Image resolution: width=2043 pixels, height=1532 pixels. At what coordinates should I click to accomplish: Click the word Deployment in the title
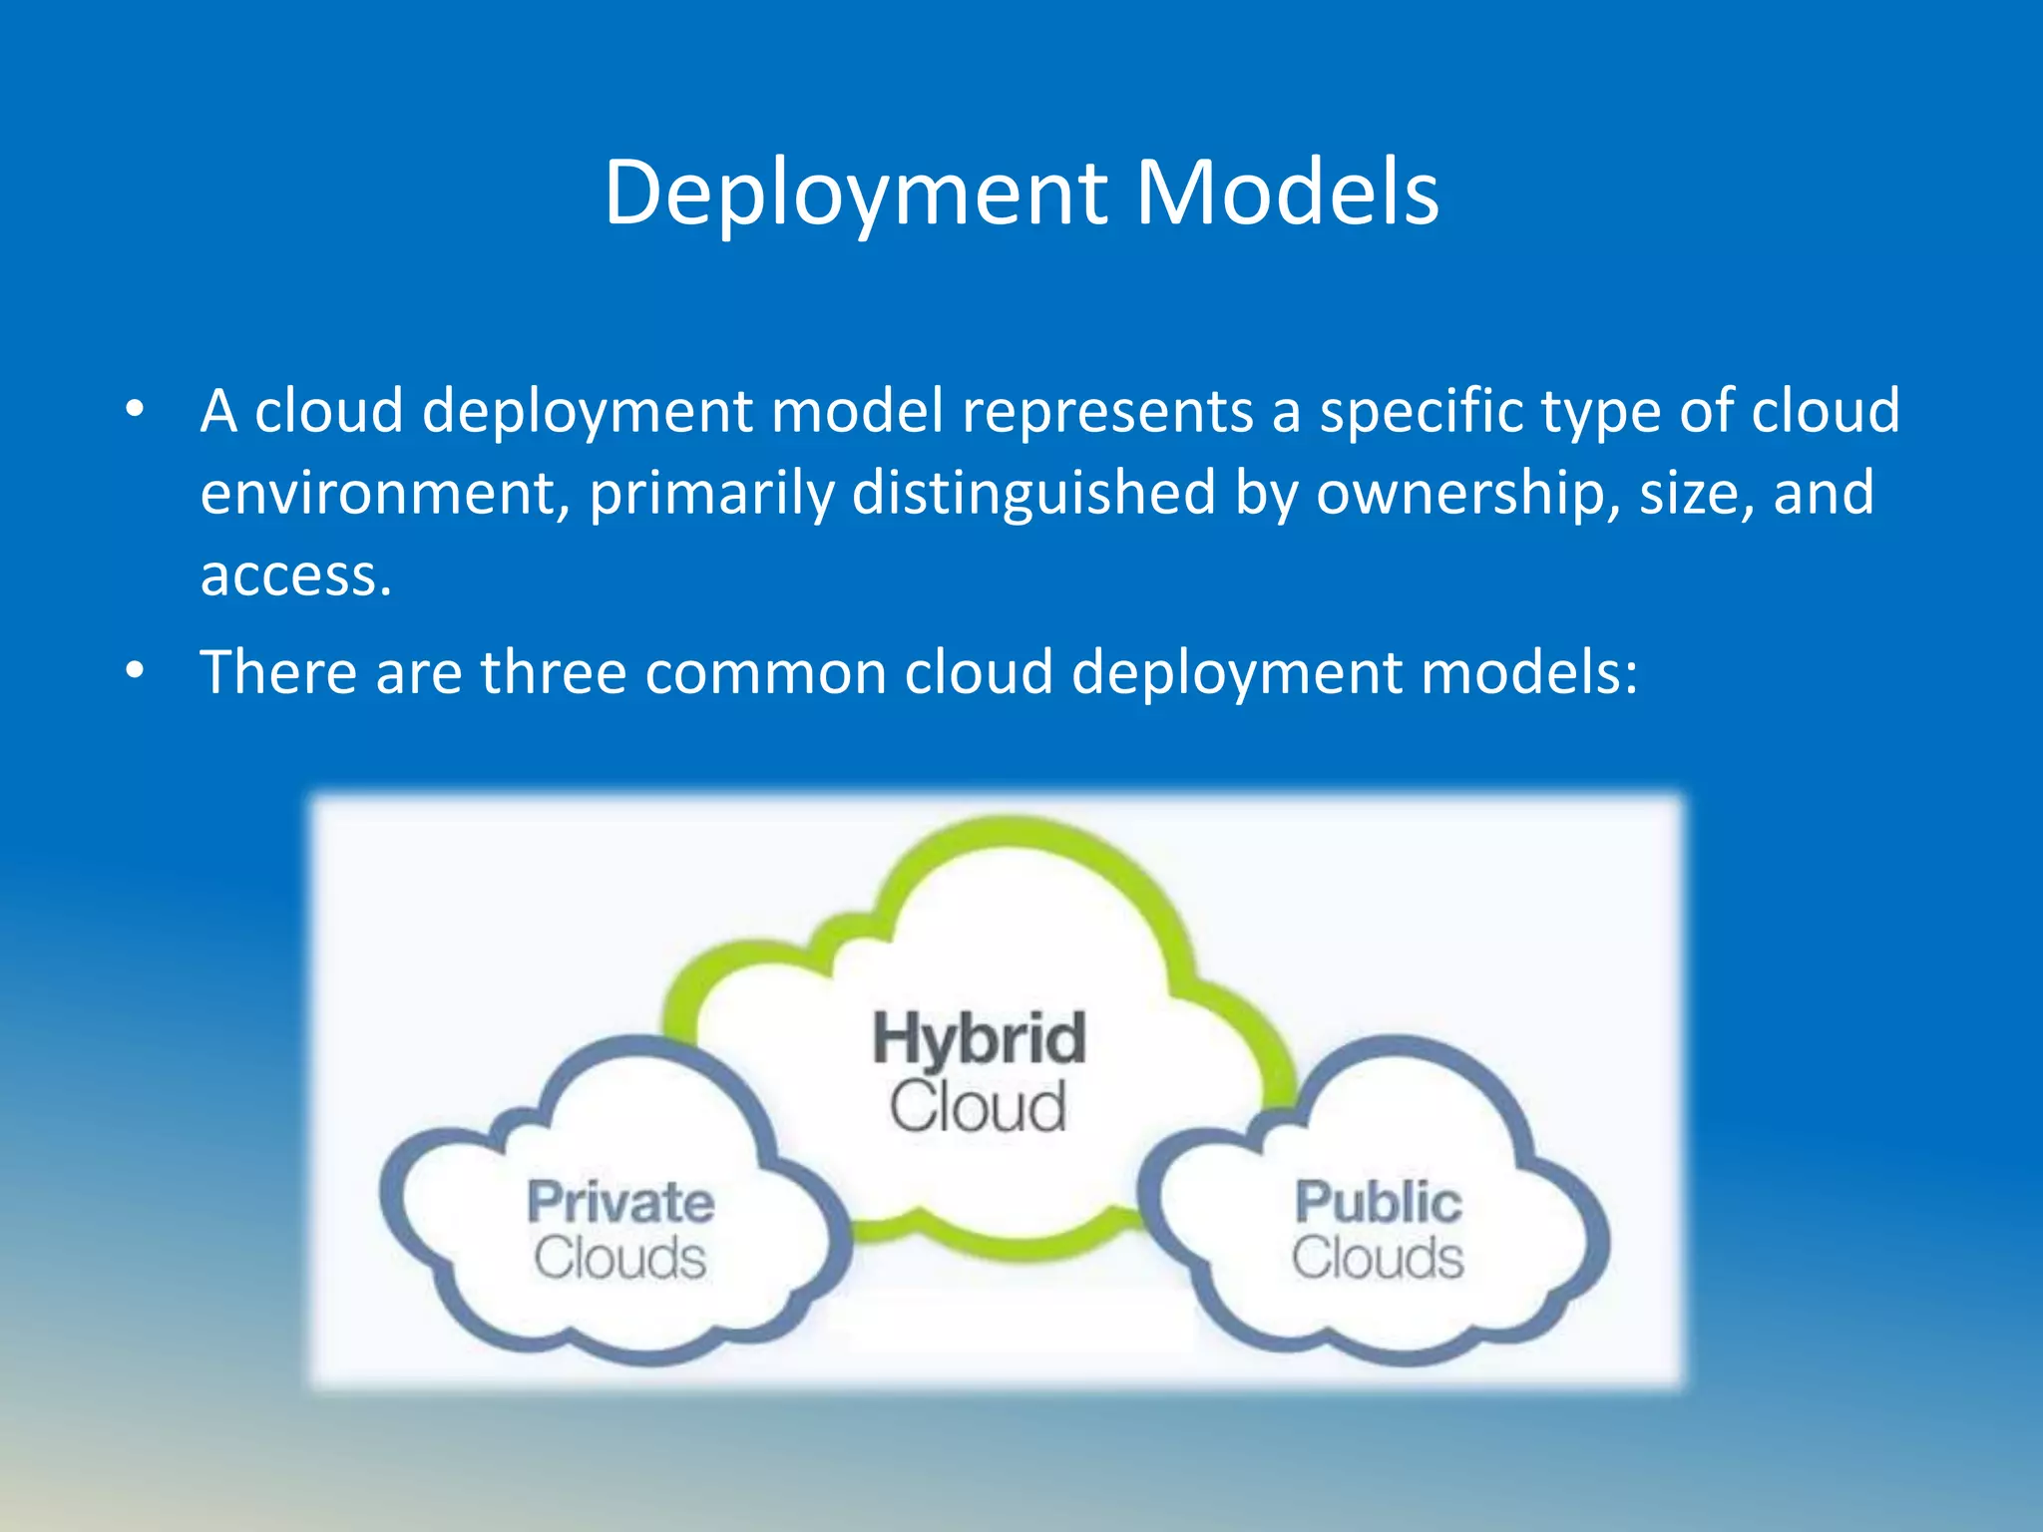[x=856, y=193]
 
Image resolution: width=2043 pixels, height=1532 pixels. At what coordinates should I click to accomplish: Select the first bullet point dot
[x=135, y=410]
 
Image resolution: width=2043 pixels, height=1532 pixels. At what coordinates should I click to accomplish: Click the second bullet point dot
[x=135, y=670]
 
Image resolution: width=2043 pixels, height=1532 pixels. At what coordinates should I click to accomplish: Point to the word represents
[x=1107, y=412]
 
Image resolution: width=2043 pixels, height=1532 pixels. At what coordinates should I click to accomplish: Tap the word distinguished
[x=1033, y=494]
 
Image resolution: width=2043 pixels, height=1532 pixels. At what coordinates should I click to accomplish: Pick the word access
[x=295, y=576]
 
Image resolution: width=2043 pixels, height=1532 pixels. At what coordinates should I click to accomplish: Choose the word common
[x=765, y=672]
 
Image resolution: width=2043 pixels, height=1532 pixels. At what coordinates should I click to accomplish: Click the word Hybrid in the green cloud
[x=979, y=1038]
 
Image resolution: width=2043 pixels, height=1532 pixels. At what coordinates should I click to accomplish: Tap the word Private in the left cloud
[x=620, y=1202]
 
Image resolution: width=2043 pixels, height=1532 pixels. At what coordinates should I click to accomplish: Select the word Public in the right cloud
[x=1378, y=1202]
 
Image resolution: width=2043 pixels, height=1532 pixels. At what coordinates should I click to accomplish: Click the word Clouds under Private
[x=620, y=1258]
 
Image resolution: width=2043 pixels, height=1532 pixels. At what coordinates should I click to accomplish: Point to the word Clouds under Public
[x=1378, y=1258]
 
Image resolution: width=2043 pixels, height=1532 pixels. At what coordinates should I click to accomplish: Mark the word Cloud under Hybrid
[x=978, y=1107]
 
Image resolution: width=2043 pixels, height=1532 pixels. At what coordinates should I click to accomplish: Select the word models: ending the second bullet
[x=1529, y=672]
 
